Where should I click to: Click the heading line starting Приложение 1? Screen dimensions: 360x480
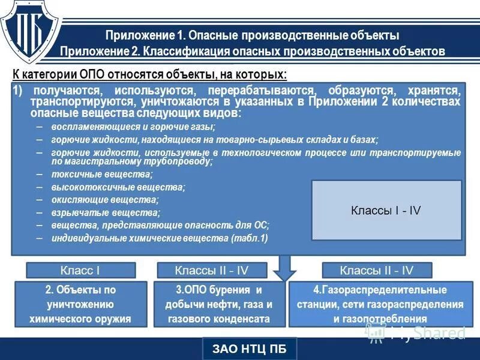[x=252, y=35]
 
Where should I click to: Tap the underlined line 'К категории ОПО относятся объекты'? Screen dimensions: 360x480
[x=150, y=74]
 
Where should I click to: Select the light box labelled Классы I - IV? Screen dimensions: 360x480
[x=386, y=210]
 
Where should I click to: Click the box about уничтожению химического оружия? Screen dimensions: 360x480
[x=80, y=304]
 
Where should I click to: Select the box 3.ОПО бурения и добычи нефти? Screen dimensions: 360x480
[x=220, y=304]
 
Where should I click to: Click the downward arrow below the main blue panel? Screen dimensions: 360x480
[x=284, y=267]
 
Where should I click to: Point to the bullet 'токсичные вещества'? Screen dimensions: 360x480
[x=102, y=175]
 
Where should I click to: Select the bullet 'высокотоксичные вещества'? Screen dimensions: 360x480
[x=118, y=187]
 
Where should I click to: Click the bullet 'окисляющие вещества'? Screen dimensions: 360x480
[x=105, y=200]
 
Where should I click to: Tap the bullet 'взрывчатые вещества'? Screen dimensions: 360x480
[x=106, y=213]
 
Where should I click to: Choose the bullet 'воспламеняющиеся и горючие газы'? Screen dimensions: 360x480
[x=133, y=127]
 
